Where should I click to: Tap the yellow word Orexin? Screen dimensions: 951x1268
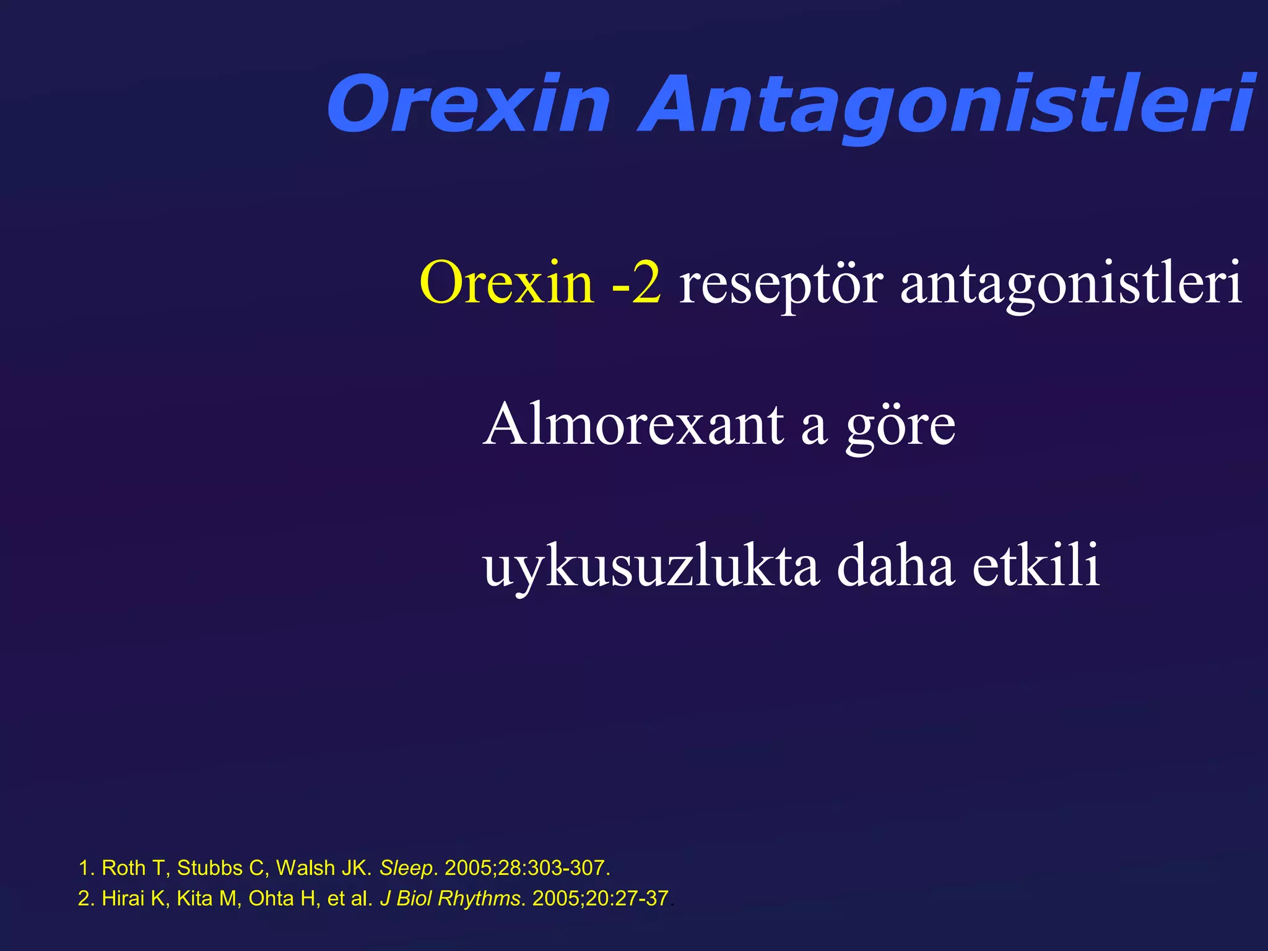(x=506, y=283)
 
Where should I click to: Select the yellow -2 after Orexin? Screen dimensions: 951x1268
(x=636, y=283)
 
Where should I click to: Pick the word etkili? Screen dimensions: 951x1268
(x=1036, y=565)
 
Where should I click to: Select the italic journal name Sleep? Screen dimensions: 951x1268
(x=406, y=868)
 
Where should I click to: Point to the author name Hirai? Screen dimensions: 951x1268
(x=123, y=898)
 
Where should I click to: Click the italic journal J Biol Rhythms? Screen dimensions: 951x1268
(x=450, y=898)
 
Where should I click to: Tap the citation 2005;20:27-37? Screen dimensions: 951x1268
(x=600, y=898)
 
